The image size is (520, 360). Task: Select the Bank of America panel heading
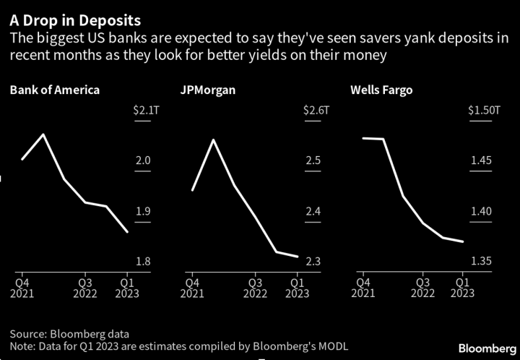[54, 91]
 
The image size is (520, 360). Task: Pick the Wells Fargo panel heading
[381, 91]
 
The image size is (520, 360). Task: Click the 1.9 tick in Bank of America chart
[142, 212]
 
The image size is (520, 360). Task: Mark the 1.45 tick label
[480, 160]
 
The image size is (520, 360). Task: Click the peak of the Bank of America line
[44, 134]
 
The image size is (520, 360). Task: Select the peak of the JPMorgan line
[213, 140]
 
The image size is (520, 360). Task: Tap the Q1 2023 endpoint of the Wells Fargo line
[464, 241]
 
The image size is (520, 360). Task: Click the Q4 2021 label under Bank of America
[22, 288]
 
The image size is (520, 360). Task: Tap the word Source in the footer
[27, 334]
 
